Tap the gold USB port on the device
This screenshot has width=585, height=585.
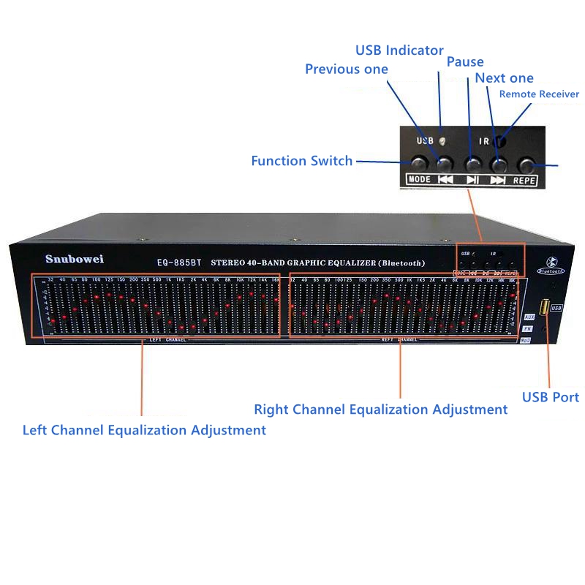click(x=545, y=307)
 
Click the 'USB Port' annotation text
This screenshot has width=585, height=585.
click(x=550, y=397)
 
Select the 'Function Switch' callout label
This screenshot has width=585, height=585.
click(x=301, y=161)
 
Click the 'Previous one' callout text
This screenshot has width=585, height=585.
click(x=346, y=69)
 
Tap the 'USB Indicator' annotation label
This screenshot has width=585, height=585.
click(x=399, y=50)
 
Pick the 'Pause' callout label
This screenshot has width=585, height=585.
click(x=465, y=62)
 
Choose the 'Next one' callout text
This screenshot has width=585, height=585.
click(x=504, y=78)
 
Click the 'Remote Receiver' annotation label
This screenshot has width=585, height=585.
click(x=538, y=94)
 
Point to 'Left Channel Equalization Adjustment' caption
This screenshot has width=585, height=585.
click(x=144, y=430)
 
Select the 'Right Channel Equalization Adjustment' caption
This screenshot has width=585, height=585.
click(x=380, y=409)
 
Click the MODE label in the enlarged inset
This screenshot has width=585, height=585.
click(x=419, y=179)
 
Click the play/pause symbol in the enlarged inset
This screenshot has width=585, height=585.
click(x=472, y=179)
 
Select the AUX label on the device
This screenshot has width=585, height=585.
click(x=529, y=317)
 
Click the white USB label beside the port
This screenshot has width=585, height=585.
click(x=557, y=308)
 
